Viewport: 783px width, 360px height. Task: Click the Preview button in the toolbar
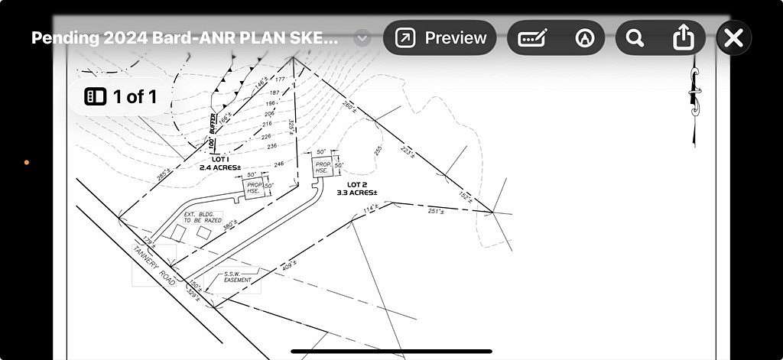tap(440, 37)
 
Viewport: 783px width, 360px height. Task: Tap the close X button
tap(733, 37)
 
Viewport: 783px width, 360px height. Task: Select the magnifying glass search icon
tap(634, 37)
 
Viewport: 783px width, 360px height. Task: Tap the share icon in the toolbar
tap(683, 37)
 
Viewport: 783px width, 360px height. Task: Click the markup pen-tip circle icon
tap(585, 37)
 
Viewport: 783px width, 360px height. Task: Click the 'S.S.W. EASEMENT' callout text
tap(237, 277)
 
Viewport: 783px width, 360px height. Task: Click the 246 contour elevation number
tap(278, 164)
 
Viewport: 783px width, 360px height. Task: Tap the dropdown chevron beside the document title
tap(362, 38)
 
